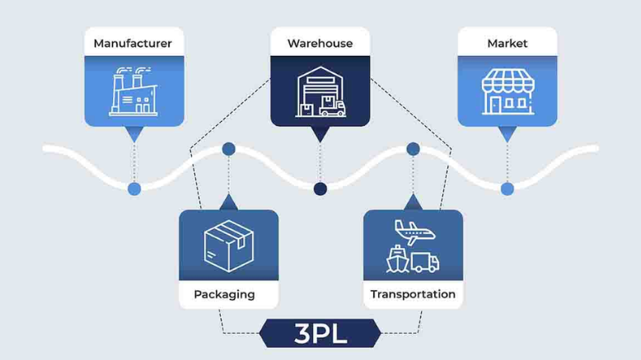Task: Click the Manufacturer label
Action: click(133, 43)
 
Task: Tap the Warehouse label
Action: click(320, 43)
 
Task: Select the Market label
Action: click(507, 43)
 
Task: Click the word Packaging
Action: click(224, 294)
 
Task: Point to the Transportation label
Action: click(413, 294)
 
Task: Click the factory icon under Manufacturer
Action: click(133, 91)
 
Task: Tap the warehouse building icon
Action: click(320, 92)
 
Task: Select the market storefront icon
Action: click(507, 91)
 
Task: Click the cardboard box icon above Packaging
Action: click(228, 245)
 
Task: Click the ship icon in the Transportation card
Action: click(396, 260)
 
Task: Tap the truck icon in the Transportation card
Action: click(425, 262)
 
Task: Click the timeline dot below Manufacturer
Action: click(134, 189)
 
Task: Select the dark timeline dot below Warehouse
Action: click(320, 189)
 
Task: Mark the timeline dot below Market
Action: click(507, 189)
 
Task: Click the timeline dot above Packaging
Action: click(228, 149)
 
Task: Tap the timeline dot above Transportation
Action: click(413, 149)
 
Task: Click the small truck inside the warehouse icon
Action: click(333, 107)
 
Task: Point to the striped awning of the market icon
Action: click(507, 80)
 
